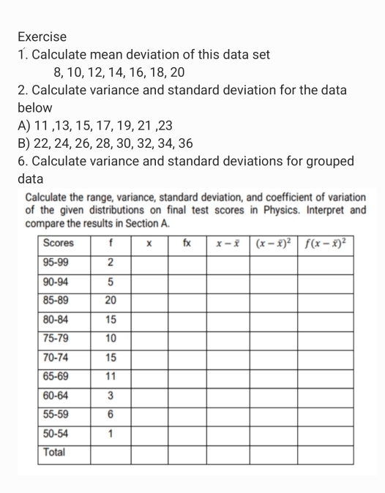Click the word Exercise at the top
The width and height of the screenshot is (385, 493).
[x=42, y=36]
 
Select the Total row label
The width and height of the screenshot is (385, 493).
[x=54, y=452]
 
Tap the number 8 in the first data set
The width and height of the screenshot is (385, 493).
[x=59, y=72]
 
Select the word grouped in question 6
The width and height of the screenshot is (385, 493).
[x=326, y=161]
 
